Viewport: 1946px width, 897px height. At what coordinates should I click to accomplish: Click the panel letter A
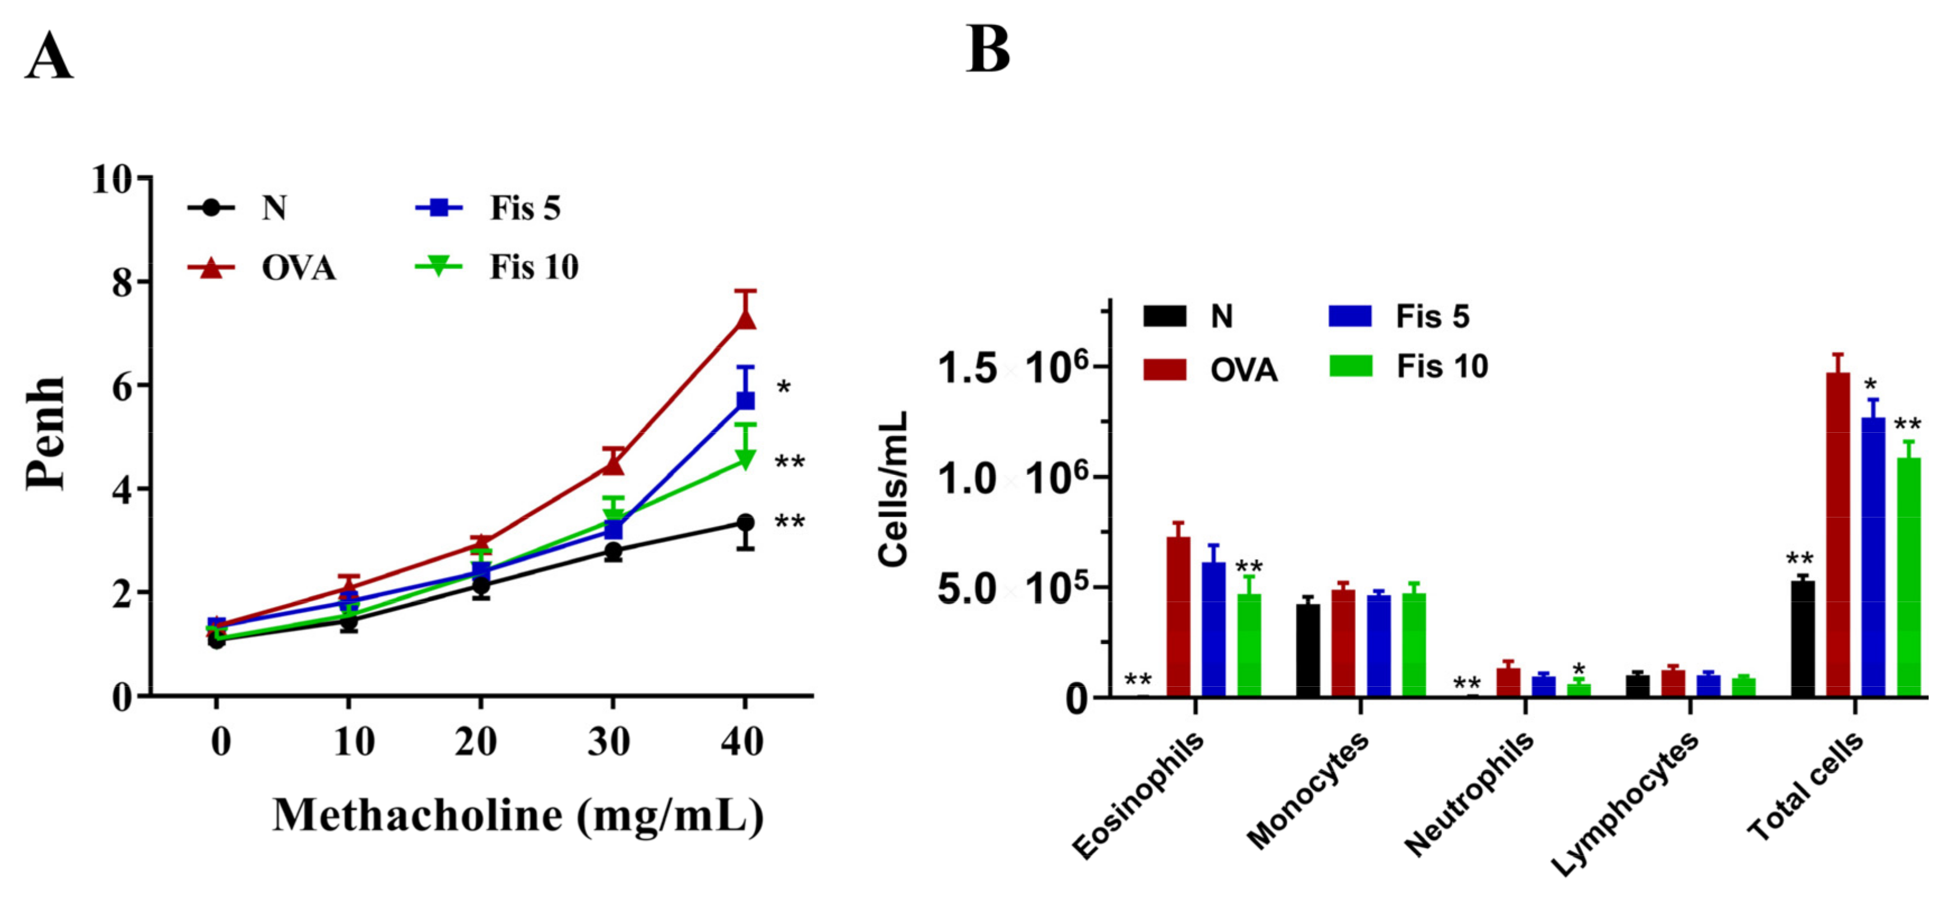(49, 57)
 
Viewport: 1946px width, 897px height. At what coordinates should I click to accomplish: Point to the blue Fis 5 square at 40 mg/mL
(745, 400)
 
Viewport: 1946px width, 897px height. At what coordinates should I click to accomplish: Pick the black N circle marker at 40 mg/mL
(745, 523)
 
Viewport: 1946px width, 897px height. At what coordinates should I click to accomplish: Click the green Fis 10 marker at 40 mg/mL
(745, 459)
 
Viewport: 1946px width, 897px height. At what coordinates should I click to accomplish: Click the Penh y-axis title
(45, 433)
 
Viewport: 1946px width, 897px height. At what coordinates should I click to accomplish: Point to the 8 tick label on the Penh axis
(121, 283)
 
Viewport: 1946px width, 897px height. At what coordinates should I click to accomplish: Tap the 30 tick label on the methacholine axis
(609, 742)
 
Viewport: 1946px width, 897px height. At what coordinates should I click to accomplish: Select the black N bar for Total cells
(1803, 639)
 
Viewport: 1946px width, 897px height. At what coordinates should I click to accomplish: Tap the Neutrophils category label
(1470, 793)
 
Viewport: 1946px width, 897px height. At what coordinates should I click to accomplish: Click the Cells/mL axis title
(893, 489)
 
